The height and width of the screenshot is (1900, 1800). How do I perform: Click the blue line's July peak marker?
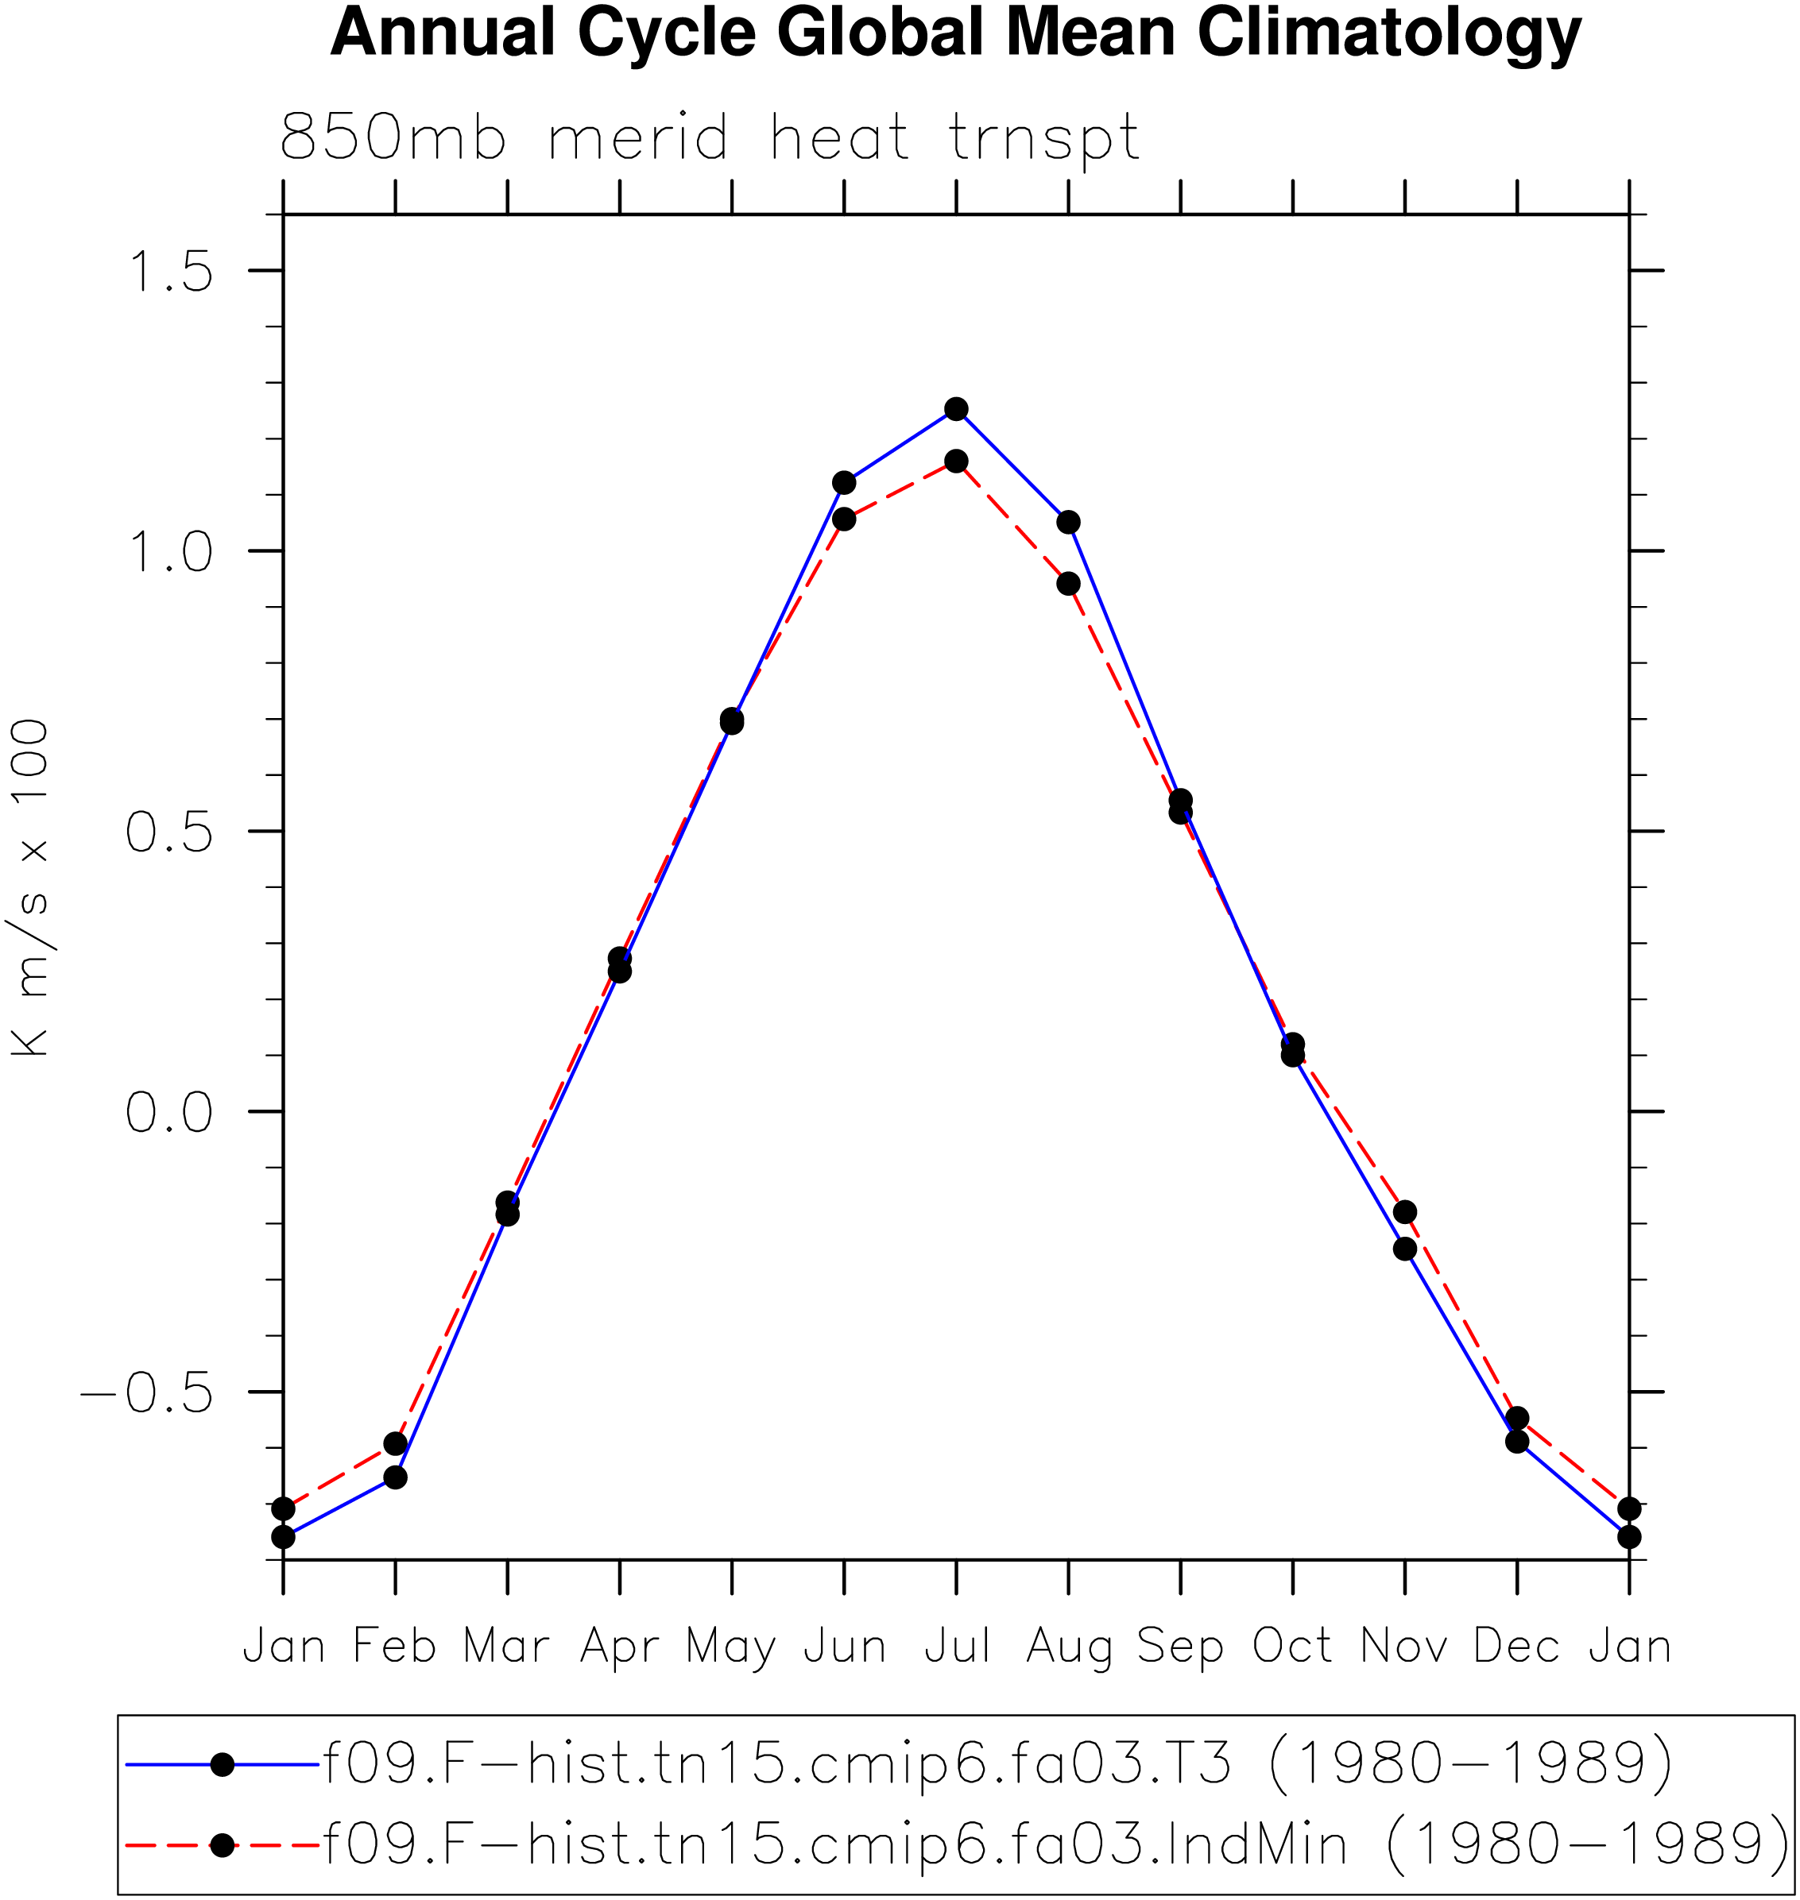956,410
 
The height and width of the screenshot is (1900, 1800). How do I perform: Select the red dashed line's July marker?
956,461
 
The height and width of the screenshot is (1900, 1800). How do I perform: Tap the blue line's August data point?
1068,522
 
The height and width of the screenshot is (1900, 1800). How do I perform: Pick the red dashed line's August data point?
1068,583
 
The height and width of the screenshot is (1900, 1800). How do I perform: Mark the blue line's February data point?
395,1477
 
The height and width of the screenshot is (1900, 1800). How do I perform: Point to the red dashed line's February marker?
395,1443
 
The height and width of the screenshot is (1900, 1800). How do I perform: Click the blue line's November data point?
1405,1249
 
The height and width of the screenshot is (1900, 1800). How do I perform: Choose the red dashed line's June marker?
843,519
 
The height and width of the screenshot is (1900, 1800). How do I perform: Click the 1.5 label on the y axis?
168,271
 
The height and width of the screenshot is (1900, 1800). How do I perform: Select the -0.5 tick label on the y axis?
146,1392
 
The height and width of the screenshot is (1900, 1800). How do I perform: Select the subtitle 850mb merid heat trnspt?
709,138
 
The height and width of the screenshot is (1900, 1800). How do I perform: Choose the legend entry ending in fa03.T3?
900,1765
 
